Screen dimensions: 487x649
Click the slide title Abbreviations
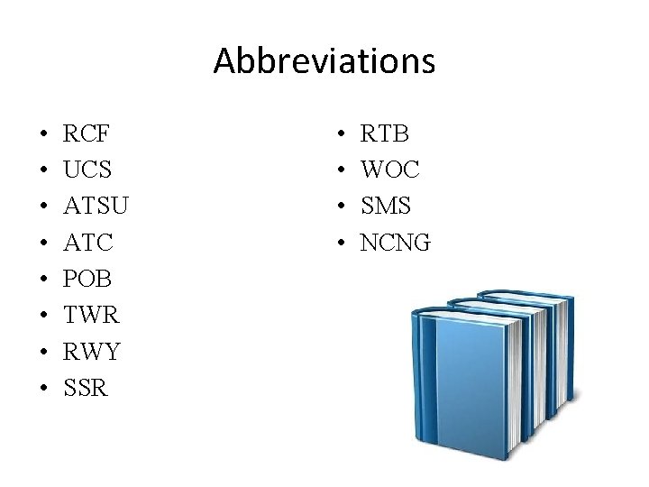[x=324, y=60]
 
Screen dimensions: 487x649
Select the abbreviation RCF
[x=87, y=134]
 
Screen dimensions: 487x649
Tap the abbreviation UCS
[x=88, y=170]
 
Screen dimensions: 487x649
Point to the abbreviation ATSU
[x=96, y=207]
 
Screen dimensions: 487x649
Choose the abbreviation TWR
[x=91, y=316]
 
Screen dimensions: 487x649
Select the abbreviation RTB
[x=385, y=134]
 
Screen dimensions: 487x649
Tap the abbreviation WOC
[x=389, y=170]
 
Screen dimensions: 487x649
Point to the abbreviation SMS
[x=386, y=207]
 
